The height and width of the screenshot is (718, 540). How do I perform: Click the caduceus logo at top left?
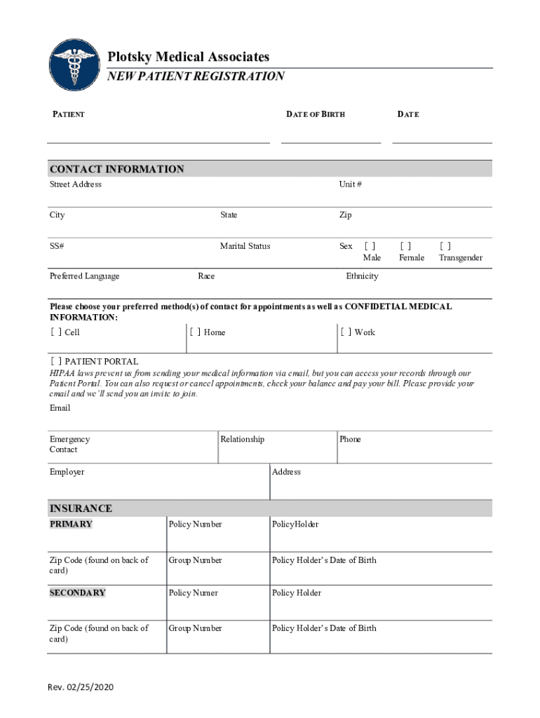(x=74, y=63)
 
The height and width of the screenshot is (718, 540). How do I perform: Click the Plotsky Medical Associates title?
(x=188, y=57)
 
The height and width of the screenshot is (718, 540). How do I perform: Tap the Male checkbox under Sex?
(x=370, y=246)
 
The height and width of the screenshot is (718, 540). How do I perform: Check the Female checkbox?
(x=405, y=246)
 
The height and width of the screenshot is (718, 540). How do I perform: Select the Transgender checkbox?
(x=445, y=246)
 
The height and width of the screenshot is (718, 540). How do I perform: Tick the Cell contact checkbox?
(x=55, y=332)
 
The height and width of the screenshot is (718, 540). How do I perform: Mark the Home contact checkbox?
(x=195, y=332)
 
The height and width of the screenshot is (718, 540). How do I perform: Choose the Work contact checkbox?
(x=346, y=332)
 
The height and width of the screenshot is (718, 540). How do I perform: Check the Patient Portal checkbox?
(x=55, y=362)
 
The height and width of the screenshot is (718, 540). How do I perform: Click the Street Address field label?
(x=75, y=184)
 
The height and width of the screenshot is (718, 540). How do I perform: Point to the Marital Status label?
(x=245, y=246)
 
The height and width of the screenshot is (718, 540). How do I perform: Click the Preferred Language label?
(x=84, y=276)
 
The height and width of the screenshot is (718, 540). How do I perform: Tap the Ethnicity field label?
(x=362, y=276)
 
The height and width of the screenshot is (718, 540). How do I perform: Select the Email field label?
(x=60, y=408)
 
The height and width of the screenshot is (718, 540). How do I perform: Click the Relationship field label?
(x=242, y=440)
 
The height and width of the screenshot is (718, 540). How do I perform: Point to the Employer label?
(x=67, y=472)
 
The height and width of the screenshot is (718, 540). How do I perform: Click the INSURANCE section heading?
(x=81, y=508)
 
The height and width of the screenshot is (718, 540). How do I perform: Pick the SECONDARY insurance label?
(x=77, y=593)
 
